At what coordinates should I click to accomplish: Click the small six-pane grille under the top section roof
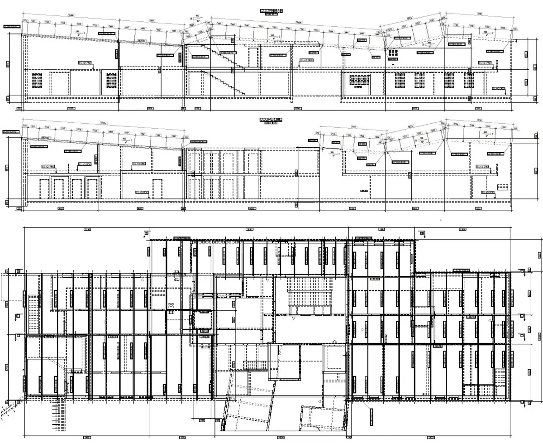click(392, 52)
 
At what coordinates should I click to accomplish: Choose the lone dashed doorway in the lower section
click(157, 188)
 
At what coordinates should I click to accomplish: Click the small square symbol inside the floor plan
click(171, 304)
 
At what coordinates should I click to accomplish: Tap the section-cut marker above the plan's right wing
click(422, 233)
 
